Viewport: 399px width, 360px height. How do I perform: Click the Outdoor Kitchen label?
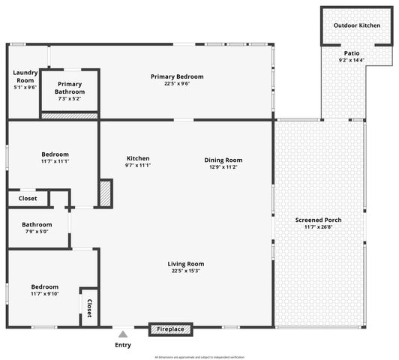tap(357, 25)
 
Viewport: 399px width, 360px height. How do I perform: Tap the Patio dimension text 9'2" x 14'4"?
tap(351, 60)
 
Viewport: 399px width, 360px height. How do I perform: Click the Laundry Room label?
tap(25, 76)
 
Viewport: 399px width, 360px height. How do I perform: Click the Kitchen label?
tap(138, 158)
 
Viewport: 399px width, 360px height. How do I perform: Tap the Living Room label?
tap(186, 263)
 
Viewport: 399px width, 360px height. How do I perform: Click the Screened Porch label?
tap(318, 220)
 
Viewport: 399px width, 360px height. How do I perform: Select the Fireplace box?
tap(171, 328)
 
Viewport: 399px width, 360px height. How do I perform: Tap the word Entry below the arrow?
tap(123, 345)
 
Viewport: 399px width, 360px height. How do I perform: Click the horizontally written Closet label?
tap(27, 199)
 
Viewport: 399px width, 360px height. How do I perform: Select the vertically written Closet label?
tap(89, 307)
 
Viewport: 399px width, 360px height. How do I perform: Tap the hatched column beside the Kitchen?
tap(105, 193)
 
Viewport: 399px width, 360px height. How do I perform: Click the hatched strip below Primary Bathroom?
tap(69, 116)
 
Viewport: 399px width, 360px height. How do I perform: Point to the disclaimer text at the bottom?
tap(199, 356)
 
